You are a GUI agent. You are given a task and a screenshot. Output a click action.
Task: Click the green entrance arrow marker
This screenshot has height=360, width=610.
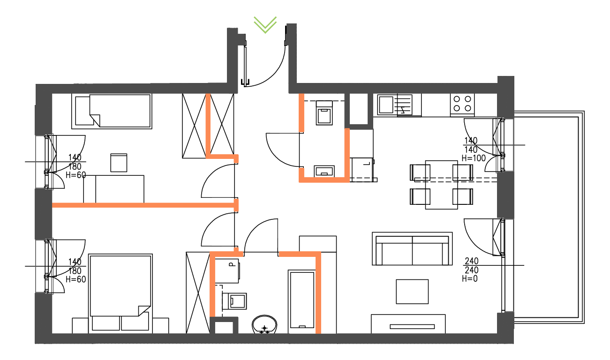pos(265,24)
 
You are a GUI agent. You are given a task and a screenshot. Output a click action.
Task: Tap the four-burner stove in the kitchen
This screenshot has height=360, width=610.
pos(462,104)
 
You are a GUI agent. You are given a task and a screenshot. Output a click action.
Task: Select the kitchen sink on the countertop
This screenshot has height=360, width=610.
pos(387,105)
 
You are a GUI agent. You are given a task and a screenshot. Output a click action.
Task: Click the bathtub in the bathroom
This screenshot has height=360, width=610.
pos(301,299)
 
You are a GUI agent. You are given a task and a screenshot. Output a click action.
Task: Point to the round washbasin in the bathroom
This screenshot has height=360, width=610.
pos(265,324)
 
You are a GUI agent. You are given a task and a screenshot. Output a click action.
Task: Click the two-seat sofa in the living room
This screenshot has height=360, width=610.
pos(412,249)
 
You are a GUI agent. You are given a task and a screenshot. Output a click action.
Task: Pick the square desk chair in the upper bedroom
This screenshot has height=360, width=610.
pos(119,163)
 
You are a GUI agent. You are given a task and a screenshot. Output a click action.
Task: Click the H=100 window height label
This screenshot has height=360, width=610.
pos(474,158)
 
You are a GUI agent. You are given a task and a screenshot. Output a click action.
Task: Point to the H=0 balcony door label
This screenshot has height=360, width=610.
pos(470,279)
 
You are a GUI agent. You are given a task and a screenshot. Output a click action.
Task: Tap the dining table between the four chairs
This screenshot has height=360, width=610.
pos(441,185)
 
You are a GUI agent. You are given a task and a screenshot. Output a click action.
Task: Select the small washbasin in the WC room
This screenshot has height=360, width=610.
pos(324,170)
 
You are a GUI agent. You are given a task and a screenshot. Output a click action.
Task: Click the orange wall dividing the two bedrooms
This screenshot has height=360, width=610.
pos(143,205)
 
